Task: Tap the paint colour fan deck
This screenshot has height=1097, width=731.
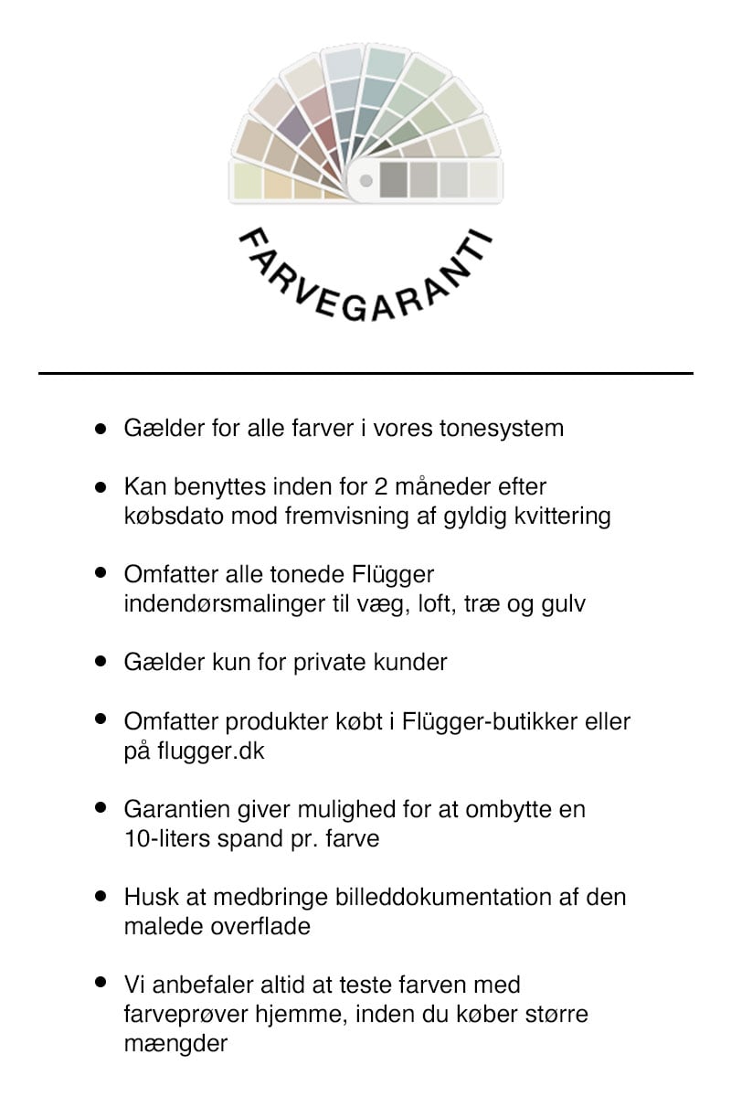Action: (x=365, y=128)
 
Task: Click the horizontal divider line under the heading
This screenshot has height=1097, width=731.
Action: (x=365, y=373)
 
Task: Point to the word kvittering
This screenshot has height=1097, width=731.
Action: (x=564, y=517)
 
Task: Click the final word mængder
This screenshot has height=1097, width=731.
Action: (x=175, y=1043)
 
